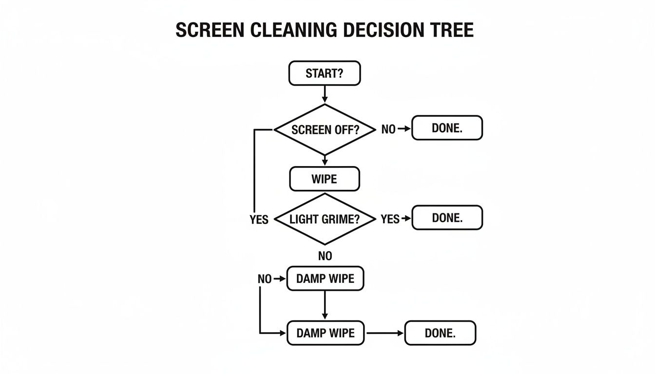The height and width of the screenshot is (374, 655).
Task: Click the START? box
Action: [x=325, y=74]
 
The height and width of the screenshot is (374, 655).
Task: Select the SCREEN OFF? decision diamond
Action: [x=325, y=130]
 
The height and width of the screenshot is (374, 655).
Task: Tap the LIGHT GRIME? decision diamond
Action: [x=325, y=219]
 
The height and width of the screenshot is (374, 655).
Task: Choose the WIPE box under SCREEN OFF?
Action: [x=325, y=179]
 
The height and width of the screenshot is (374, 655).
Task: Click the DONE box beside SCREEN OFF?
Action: [x=447, y=128]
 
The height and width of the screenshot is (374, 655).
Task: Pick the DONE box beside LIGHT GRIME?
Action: [x=447, y=218]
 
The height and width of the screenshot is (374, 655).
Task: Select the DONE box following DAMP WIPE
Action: [x=440, y=333]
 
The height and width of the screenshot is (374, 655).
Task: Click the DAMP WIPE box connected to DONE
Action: [x=325, y=333]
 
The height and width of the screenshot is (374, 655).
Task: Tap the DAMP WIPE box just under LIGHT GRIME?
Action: [x=325, y=279]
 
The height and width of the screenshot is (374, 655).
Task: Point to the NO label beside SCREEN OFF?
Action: [x=388, y=130]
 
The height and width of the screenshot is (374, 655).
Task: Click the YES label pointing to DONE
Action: [x=390, y=219]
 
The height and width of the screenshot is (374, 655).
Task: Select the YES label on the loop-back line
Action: [x=259, y=220]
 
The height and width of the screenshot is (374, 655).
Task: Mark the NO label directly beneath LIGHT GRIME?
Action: [x=325, y=256]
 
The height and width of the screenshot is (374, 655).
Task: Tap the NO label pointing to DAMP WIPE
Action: [x=264, y=279]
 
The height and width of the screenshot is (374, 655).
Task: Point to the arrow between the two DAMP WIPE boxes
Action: [x=325, y=305]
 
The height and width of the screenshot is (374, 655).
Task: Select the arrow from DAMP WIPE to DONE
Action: [x=385, y=333]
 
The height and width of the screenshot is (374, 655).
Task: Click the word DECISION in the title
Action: [x=380, y=30]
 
